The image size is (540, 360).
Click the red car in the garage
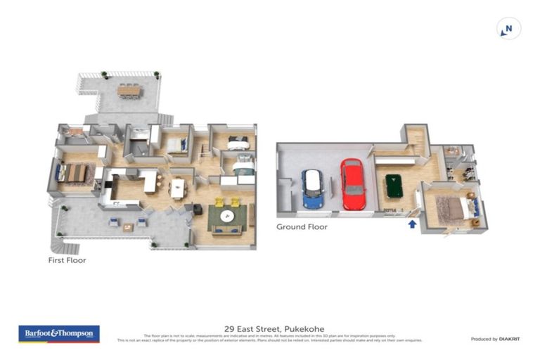tap(352, 184)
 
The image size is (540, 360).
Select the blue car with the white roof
tap(313, 188)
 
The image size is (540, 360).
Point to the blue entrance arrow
tap(412, 224)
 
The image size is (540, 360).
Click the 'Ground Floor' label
tap(301, 227)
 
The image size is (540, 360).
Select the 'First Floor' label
tap(66, 259)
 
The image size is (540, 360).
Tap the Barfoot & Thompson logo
tap(59, 334)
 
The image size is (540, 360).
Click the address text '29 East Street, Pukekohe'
tap(269, 328)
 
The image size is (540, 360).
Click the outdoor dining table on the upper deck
tap(129, 90)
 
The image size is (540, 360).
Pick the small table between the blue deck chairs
tap(127, 227)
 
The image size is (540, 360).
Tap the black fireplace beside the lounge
tap(198, 210)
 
